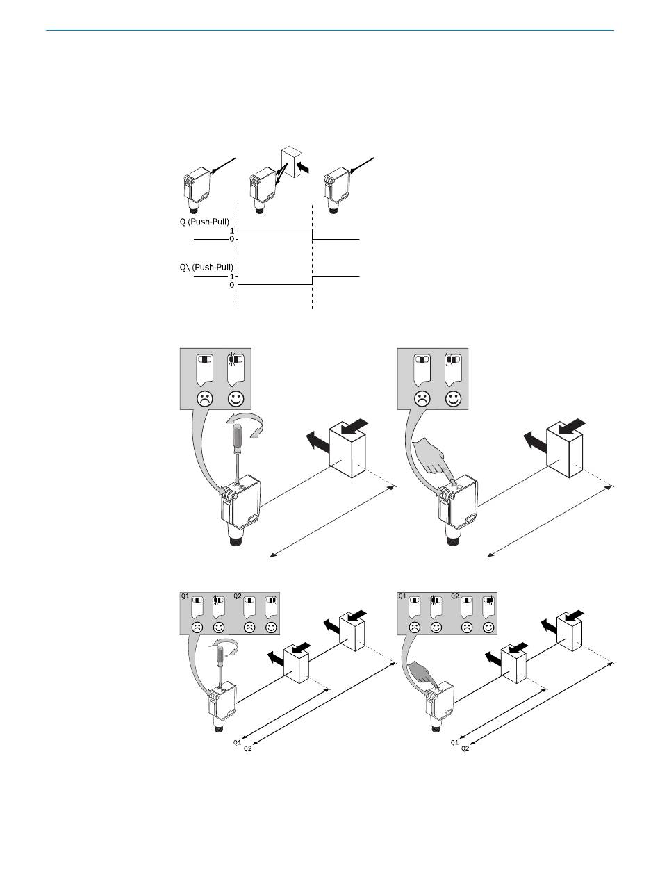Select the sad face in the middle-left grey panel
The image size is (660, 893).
204,400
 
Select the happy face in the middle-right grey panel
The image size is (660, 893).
454,400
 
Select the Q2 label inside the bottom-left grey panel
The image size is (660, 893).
238,596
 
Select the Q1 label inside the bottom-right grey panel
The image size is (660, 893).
402,596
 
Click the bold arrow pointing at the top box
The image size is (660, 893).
305,167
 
